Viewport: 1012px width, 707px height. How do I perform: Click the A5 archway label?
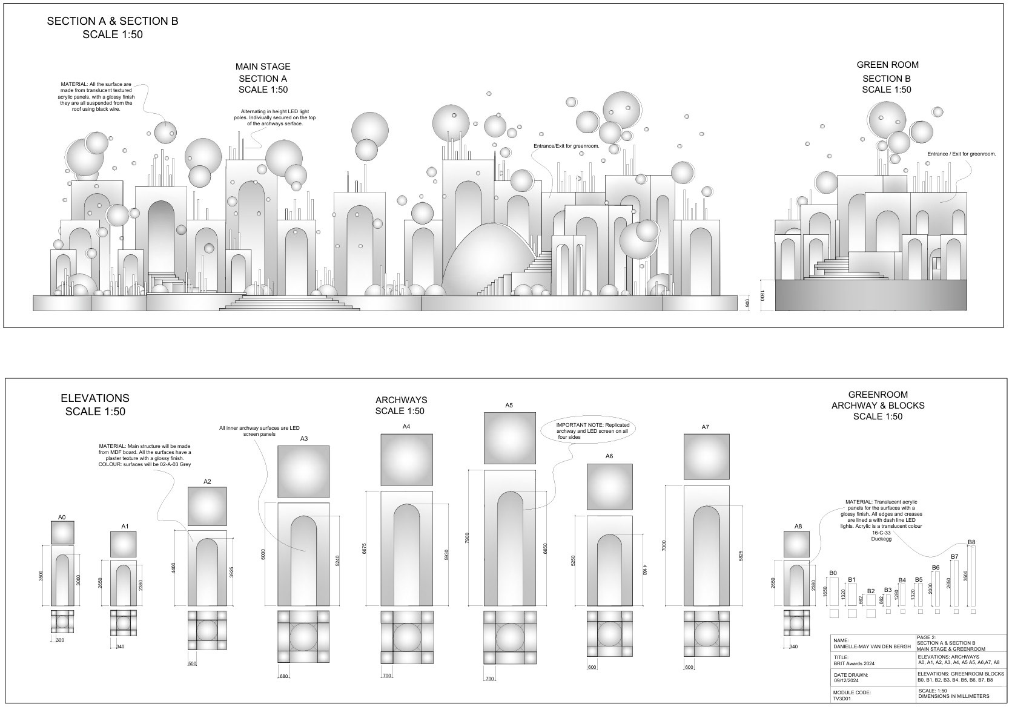509,406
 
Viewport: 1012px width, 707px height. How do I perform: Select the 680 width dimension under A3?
283,676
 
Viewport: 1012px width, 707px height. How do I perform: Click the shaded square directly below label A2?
207,507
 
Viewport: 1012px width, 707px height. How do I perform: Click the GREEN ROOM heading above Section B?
887,65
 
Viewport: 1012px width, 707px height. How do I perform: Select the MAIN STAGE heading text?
263,67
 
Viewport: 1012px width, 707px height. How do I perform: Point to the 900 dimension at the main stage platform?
748,303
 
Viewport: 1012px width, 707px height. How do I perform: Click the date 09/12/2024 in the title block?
847,680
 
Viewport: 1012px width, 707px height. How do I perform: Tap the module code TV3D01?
842,697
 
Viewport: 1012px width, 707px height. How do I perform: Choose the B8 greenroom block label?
971,542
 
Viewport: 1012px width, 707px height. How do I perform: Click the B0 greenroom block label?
833,573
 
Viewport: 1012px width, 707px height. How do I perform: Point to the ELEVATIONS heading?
95,398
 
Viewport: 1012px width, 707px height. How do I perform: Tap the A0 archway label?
62,517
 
